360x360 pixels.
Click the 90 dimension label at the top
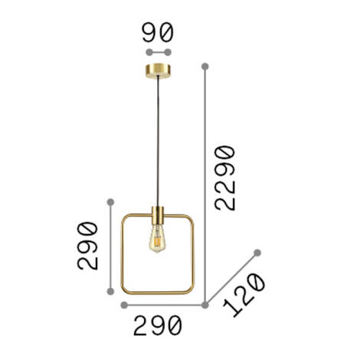point(159,32)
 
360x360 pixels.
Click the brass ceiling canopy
point(159,73)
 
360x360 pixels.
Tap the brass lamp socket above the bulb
point(159,214)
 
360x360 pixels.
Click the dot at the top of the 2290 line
point(205,67)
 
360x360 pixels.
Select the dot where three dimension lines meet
point(205,304)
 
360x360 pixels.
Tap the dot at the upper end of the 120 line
point(257,252)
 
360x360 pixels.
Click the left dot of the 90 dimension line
point(149,53)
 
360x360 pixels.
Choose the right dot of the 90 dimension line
point(169,53)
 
